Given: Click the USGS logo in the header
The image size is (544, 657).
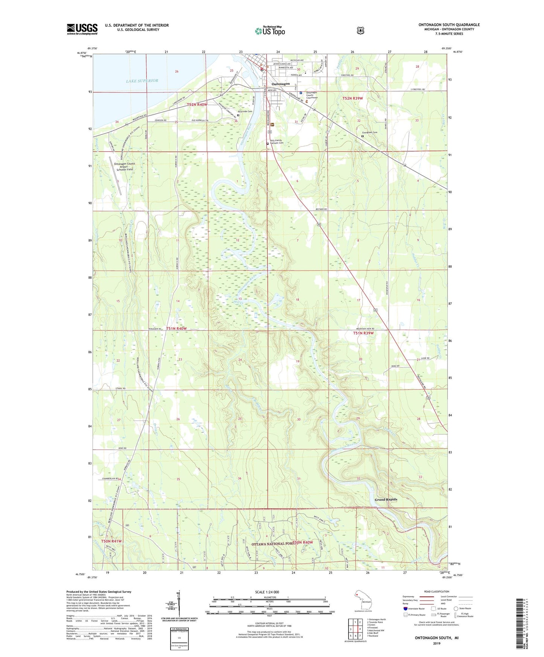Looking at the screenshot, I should [82, 29].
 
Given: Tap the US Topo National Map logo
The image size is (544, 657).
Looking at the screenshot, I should [270, 31].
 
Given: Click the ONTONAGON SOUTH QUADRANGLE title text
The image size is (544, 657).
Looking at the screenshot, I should [449, 25].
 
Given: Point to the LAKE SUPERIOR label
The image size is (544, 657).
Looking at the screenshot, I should [142, 81].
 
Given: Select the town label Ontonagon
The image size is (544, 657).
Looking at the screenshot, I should [281, 84].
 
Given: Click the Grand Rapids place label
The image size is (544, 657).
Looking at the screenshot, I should [386, 500].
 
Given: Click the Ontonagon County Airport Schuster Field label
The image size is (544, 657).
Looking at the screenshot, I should [124, 167].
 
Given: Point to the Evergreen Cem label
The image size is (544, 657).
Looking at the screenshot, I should [369, 132].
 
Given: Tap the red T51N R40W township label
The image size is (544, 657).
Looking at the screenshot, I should [176, 328].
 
